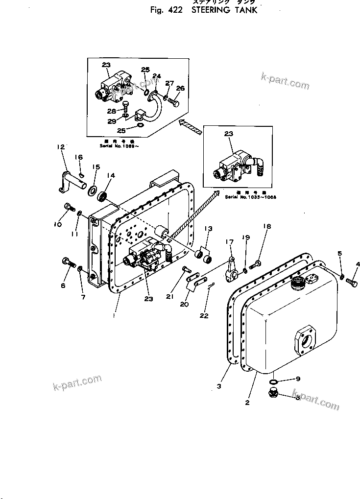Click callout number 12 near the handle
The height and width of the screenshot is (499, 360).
click(61, 146)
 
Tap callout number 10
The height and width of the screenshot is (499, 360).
click(57, 224)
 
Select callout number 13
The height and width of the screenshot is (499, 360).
click(208, 229)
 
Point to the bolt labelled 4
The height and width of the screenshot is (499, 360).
click(351, 282)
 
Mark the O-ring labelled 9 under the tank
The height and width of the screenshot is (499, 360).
click(274, 381)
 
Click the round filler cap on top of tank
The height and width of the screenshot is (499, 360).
click(297, 283)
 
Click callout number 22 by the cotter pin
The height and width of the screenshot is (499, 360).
click(205, 316)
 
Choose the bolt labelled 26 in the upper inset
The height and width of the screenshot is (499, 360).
click(174, 103)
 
